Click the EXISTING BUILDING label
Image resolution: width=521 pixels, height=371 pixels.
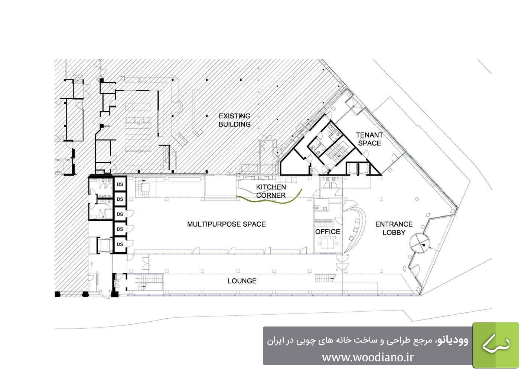234,120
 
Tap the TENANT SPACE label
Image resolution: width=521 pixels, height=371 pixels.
369,139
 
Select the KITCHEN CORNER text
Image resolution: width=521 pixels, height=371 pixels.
271,191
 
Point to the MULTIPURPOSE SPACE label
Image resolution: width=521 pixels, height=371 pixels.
226,224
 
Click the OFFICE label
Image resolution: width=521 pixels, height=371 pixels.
328,232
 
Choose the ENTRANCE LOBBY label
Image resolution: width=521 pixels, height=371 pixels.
394,228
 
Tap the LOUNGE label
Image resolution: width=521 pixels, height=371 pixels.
242,281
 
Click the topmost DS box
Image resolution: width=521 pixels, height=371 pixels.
120,184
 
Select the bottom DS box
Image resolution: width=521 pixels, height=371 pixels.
120,244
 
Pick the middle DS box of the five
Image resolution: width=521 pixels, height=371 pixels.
120,214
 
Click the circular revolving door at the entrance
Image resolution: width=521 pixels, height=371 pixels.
419,243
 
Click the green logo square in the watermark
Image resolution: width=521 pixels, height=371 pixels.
496,345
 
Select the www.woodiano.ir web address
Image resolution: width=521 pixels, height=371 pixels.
368,357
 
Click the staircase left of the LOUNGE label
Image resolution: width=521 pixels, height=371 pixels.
149,282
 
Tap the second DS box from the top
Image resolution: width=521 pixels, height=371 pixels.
120,199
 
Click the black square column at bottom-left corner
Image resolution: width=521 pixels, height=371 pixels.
57,294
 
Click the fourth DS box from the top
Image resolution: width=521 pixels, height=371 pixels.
120,229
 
